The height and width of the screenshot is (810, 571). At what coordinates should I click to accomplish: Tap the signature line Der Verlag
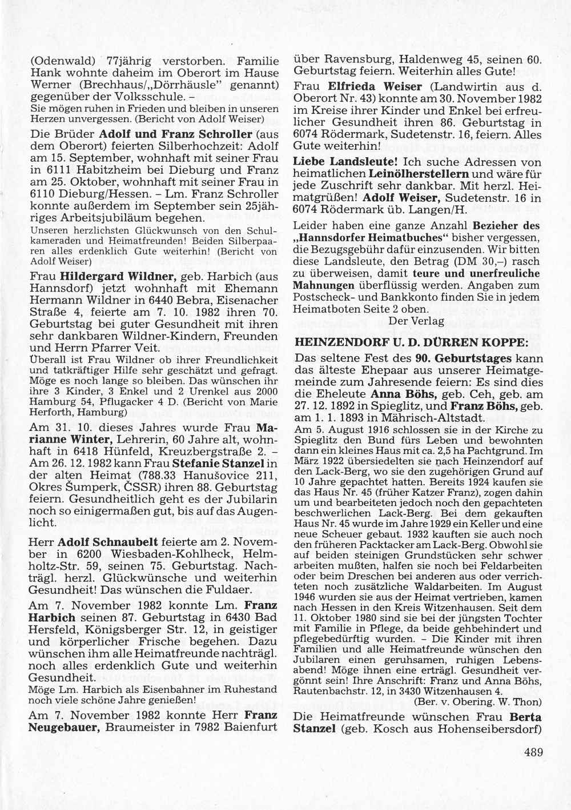(x=416, y=321)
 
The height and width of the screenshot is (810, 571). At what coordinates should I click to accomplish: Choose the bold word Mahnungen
(x=320, y=284)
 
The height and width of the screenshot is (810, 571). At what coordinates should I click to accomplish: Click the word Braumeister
(x=133, y=728)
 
